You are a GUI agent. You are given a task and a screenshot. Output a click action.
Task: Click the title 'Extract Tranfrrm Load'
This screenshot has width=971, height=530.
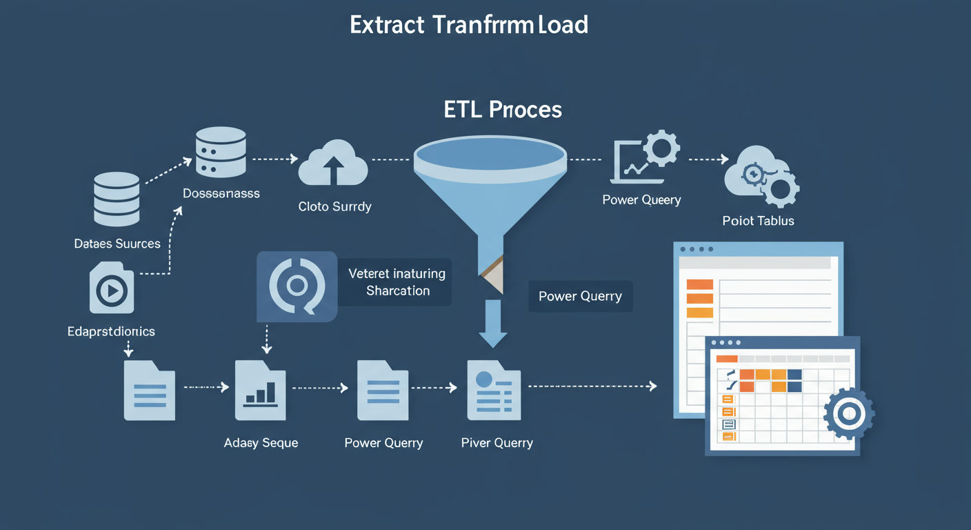pyautogui.click(x=469, y=26)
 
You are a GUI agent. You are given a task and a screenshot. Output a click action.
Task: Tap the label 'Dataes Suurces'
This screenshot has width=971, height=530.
pyautogui.click(x=117, y=244)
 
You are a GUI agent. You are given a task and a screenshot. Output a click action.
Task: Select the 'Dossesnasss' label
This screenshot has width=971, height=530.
pyautogui.click(x=221, y=193)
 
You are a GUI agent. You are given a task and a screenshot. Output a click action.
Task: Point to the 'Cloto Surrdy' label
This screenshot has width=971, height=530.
pyautogui.click(x=334, y=206)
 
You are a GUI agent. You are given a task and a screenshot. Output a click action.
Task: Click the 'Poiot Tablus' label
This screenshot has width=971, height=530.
pyautogui.click(x=758, y=221)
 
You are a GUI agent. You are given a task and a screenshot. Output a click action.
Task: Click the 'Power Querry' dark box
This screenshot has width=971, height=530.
pyautogui.click(x=580, y=296)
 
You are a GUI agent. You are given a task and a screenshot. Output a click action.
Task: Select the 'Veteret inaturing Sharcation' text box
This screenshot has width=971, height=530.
pyautogui.click(x=397, y=282)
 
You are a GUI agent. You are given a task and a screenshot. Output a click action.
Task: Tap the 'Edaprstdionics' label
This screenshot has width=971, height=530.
pyautogui.click(x=111, y=331)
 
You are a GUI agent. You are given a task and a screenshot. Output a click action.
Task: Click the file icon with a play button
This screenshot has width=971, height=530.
pyautogui.click(x=112, y=288)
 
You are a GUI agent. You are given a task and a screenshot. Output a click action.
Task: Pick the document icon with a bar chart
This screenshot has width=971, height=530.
pyautogui.click(x=260, y=390)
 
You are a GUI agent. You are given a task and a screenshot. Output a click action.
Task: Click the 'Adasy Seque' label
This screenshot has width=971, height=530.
pyautogui.click(x=261, y=442)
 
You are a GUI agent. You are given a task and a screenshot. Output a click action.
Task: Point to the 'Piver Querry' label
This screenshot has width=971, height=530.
pyautogui.click(x=497, y=442)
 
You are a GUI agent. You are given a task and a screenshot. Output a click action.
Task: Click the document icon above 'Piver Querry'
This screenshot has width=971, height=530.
pyautogui.click(x=494, y=390)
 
